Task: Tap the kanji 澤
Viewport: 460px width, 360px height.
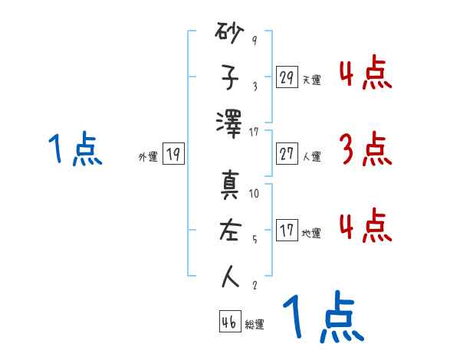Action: coord(230,123)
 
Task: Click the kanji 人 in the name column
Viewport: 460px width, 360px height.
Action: coord(230,275)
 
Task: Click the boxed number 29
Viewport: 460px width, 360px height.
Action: coord(287,77)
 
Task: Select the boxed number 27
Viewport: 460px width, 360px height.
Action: coord(287,154)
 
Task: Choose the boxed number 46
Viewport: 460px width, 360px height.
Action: coord(229,322)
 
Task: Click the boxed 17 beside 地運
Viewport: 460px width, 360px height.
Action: coord(287,231)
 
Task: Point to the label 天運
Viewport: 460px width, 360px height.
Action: coord(311,80)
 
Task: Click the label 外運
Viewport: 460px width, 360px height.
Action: coord(148,157)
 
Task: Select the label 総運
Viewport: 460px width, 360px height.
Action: coord(255,325)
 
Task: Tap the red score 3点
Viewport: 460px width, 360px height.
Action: coord(365,150)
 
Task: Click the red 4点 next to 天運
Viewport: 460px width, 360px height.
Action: coord(365,74)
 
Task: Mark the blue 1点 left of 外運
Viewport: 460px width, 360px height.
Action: coord(74,150)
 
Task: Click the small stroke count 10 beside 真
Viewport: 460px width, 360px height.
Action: coord(255,194)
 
